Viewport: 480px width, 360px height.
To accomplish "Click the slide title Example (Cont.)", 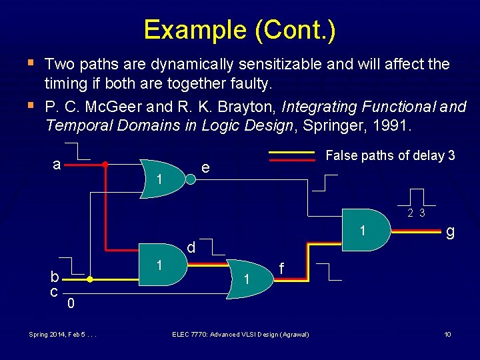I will coord(239,29).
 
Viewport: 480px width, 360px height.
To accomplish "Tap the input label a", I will coord(58,164).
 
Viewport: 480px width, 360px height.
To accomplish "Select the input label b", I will coord(56,276).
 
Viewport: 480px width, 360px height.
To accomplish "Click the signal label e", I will coord(207,169).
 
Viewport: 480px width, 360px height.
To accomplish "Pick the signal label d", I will coord(191,247).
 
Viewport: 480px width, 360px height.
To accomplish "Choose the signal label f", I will coord(283,268).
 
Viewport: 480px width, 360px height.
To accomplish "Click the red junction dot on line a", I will coord(105,164).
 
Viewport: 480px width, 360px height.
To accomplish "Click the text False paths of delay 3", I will coord(390,155).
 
